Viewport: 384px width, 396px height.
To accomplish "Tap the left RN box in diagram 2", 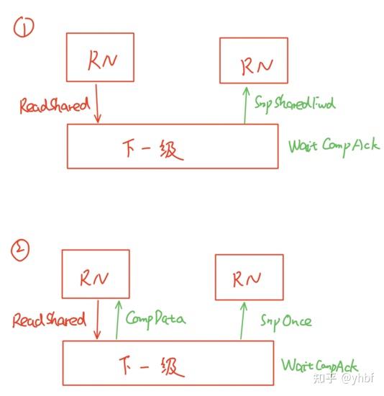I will [93, 274].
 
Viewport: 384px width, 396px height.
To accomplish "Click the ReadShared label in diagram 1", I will [55, 105].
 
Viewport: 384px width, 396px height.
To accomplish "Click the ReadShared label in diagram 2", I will [49, 320].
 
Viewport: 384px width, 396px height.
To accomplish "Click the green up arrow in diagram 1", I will [244, 104].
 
